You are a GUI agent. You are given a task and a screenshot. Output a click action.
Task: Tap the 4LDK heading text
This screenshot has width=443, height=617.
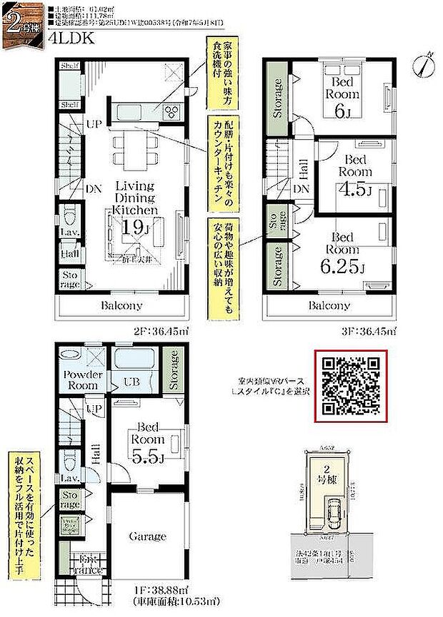[x=70, y=41]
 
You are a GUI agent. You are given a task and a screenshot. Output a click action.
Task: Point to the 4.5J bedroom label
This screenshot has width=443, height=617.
[x=355, y=190]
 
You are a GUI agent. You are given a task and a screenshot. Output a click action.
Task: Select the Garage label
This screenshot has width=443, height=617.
[x=147, y=536]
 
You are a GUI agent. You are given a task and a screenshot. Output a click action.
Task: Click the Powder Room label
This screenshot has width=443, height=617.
[x=84, y=379]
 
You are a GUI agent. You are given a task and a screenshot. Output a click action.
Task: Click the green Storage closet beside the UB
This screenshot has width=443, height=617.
[x=172, y=369]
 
